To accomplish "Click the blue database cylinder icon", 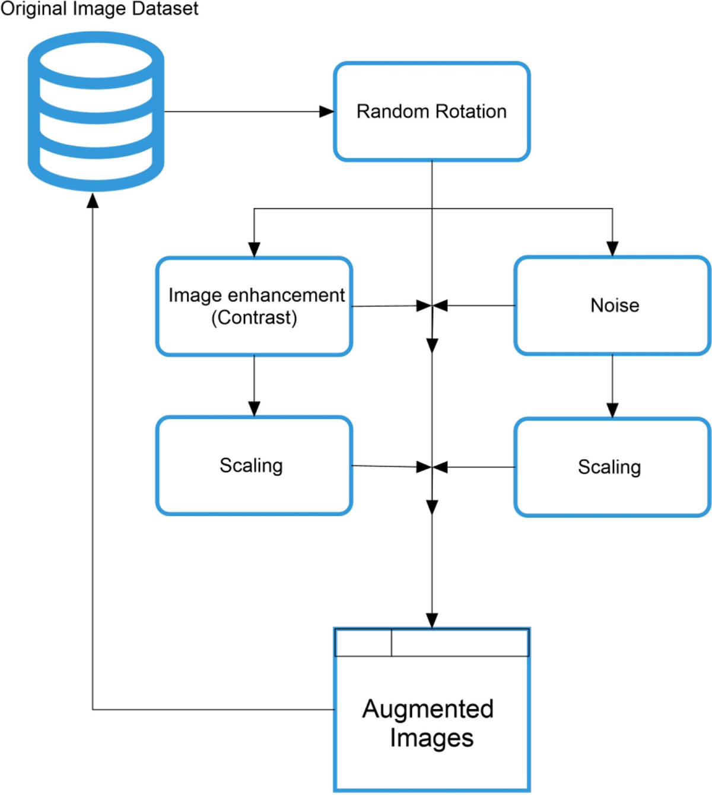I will tap(96, 112).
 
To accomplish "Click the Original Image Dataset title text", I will tap(99, 9).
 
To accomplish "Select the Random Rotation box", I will tap(431, 112).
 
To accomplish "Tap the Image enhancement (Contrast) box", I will tap(255, 306).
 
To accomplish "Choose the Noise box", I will tap(612, 306).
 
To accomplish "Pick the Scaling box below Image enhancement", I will tap(254, 466).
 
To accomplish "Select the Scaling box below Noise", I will tap(612, 468).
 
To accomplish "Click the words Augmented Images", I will tap(428, 723).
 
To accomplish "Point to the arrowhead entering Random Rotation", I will tap(326, 112).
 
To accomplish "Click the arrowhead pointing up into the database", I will tap(93, 201).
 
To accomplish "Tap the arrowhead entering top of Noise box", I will tap(612, 249).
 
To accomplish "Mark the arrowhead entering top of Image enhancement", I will tap(254, 249).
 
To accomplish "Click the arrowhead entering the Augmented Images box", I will tap(432, 620).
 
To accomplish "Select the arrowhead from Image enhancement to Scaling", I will tap(254, 409).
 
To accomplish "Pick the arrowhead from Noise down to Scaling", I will tap(612, 410).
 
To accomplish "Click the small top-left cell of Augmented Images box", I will tap(363, 643).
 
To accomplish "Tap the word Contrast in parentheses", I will tap(254, 318).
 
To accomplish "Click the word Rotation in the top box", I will tap(471, 112).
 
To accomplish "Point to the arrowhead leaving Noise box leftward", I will tap(440, 306).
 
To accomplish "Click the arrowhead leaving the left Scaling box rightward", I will tap(424, 467).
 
